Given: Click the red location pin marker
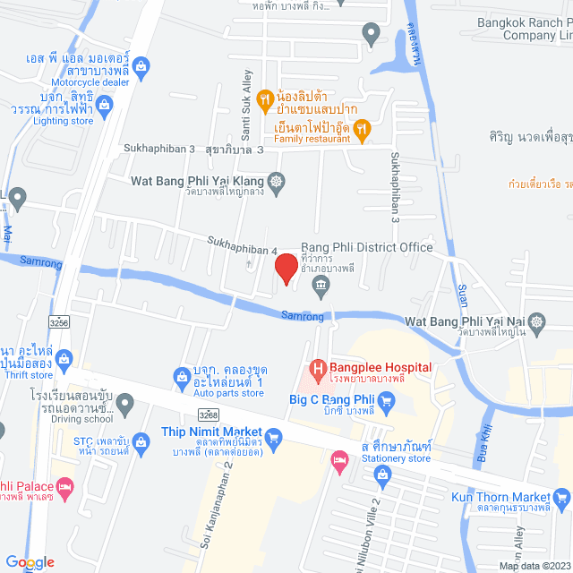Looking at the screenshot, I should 285,269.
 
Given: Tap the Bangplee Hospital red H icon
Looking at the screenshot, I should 316,368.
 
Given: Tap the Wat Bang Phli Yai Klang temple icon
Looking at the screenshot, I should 277,181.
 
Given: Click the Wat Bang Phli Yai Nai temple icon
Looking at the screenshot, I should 536,321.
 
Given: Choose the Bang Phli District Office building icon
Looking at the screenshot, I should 320,286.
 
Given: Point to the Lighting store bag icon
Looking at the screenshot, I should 105,106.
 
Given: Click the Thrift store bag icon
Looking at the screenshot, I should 63,360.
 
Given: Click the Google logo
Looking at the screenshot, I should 30,561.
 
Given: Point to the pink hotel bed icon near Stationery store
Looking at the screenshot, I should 339,461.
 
